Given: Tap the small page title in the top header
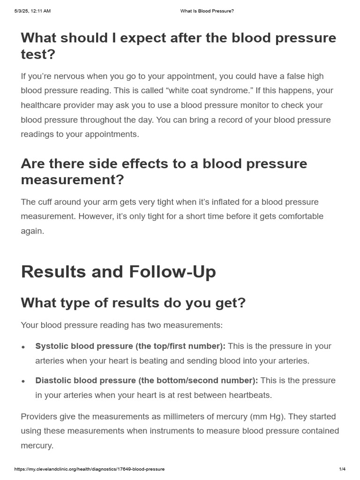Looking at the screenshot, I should tap(207, 11).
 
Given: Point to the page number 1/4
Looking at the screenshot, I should tap(342, 469).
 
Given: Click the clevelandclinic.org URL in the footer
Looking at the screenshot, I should tap(90, 469).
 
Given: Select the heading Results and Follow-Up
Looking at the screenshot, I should tap(118, 272).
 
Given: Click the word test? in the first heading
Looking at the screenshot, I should tap(38, 54).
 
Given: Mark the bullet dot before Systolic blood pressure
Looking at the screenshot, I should tap(23, 347).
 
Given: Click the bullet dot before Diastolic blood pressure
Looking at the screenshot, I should tap(23, 381).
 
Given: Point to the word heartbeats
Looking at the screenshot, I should tap(250, 395).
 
